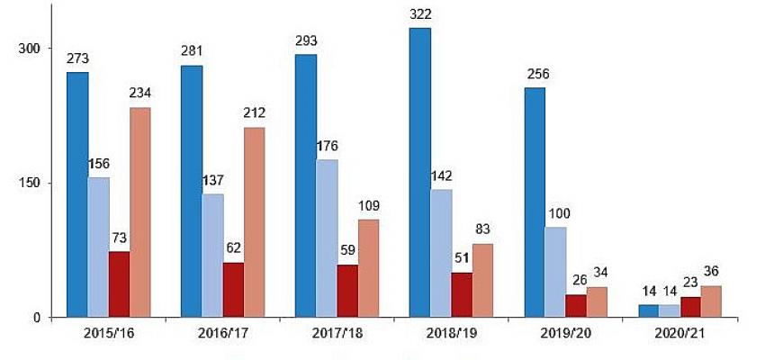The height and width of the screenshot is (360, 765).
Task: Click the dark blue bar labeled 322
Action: click(420, 172)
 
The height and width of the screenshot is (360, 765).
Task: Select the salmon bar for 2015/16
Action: click(140, 212)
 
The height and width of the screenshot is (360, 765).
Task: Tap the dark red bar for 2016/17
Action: click(233, 289)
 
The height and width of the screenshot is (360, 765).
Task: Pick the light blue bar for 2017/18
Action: click(327, 238)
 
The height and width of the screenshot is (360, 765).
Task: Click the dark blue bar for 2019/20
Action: click(535, 202)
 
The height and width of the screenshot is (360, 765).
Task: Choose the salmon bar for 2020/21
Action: click(711, 301)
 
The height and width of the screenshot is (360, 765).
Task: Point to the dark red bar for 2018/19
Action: click(462, 294)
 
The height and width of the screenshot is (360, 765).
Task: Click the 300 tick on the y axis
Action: click(31, 49)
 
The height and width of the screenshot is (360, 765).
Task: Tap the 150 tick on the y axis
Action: click(31, 183)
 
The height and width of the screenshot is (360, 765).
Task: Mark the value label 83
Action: click(483, 230)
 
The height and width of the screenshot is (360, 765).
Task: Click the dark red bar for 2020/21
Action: click(690, 306)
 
